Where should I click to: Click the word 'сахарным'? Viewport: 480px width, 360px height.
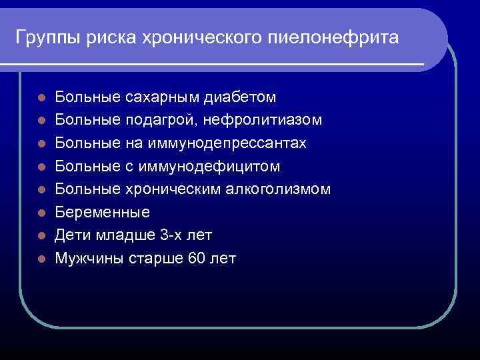click(162, 97)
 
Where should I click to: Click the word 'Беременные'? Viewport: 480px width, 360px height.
click(103, 212)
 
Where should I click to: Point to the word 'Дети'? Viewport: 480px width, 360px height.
click(69, 235)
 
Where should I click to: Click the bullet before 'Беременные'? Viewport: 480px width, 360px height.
click(41, 213)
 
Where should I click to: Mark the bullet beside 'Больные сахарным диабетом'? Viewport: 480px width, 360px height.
click(41, 98)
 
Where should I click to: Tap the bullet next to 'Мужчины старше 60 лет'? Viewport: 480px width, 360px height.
click(41, 259)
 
